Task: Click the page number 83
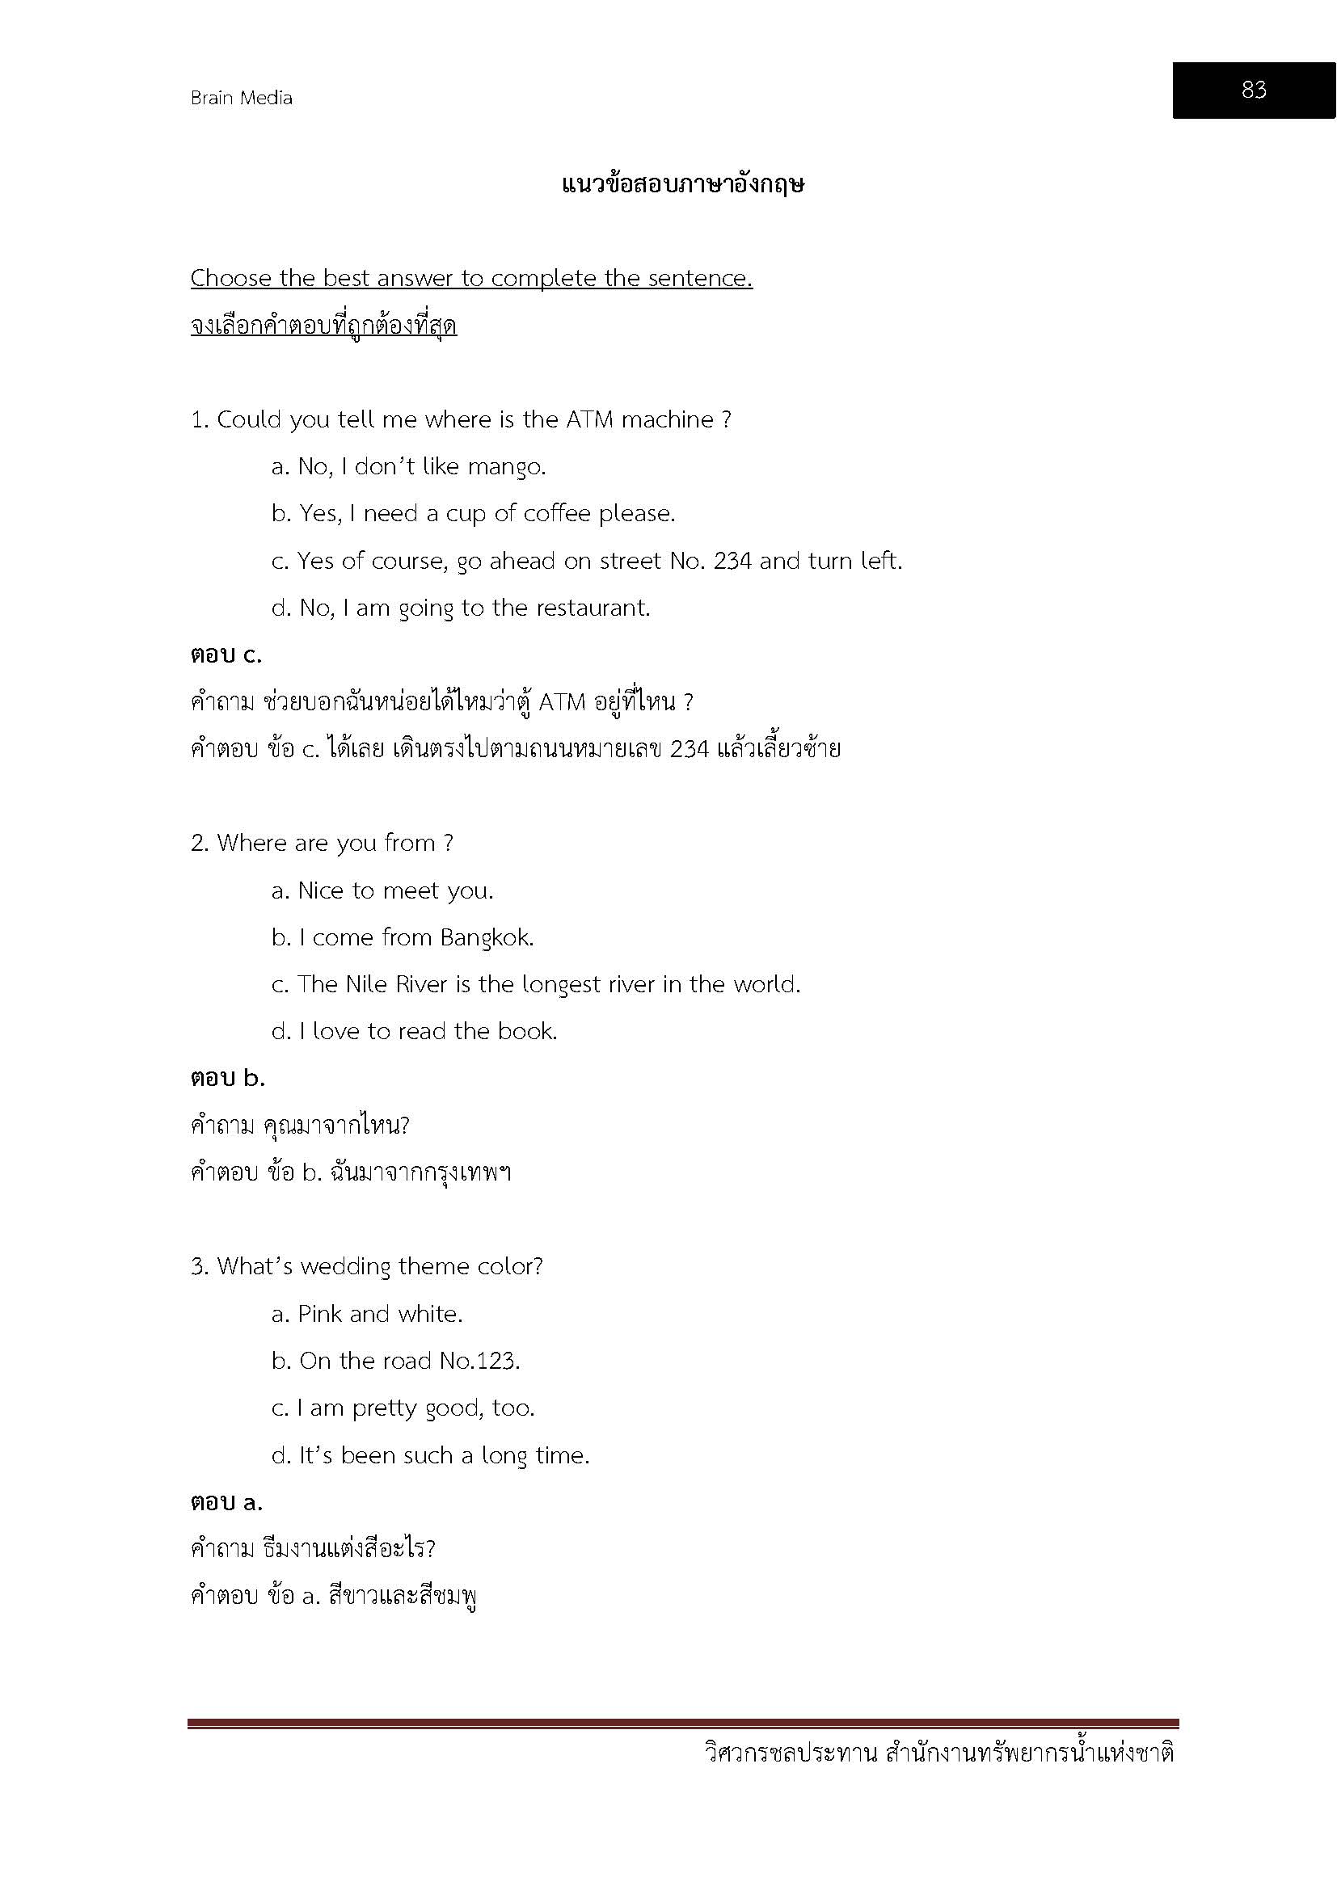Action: click(x=1253, y=90)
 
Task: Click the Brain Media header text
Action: click(x=241, y=98)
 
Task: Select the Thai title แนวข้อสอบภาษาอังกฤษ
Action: click(x=682, y=184)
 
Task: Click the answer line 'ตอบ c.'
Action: click(x=226, y=655)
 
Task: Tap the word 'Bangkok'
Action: click(x=487, y=937)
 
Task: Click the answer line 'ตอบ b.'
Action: click(x=227, y=1079)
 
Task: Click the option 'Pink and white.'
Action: click(x=367, y=1314)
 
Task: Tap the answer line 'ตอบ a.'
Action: click(x=226, y=1502)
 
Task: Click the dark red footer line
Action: click(x=682, y=1723)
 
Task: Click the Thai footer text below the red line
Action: click(x=939, y=1753)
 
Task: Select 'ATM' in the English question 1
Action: click(x=589, y=420)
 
